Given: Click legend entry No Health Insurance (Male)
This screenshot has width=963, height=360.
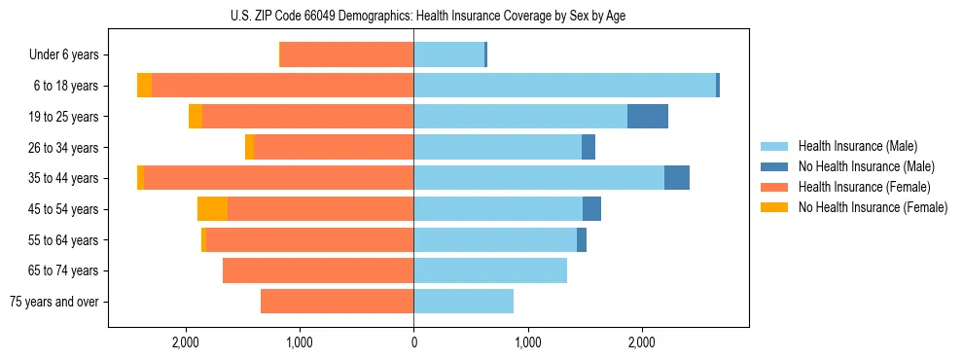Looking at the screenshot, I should coord(866,166).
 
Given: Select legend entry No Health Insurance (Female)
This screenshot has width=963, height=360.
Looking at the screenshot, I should coord(872,207).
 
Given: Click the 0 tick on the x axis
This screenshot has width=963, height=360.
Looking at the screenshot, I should coord(413,342).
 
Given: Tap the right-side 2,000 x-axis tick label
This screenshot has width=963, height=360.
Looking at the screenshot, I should coord(642,342).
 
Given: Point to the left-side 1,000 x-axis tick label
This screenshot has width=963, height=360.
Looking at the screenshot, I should coord(300,342).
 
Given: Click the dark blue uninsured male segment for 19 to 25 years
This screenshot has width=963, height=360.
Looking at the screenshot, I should coord(648,116).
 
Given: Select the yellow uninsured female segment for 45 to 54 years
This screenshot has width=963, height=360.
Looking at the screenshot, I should coord(212,208).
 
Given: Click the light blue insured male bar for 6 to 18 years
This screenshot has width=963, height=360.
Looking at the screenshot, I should coord(564,85).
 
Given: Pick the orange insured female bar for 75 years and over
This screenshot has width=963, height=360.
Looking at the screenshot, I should coord(337,302).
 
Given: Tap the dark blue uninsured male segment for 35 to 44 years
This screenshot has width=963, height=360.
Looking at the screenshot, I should coord(677,178).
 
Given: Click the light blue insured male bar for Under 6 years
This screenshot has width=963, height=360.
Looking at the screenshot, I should coord(448,54).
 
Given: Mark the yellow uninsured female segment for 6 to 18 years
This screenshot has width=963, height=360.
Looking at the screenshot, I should coord(144,85).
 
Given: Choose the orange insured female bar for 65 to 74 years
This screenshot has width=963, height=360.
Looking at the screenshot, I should coord(318,270).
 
